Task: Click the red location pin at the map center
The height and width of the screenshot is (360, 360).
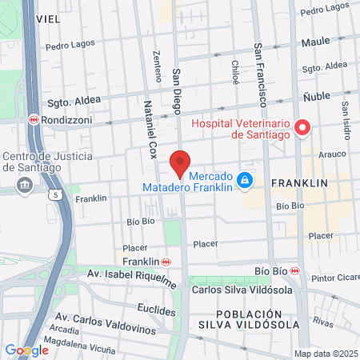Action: point(180,163)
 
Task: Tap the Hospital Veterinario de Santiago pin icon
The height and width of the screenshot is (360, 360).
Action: point(302,127)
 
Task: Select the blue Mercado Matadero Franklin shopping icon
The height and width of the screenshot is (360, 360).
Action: point(246,181)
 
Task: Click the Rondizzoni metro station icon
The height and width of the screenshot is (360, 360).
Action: point(33,120)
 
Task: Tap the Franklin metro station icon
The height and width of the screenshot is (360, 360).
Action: point(166,262)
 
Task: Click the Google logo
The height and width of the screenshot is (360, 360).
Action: point(26,350)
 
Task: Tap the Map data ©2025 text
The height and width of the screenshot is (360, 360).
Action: point(326,354)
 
